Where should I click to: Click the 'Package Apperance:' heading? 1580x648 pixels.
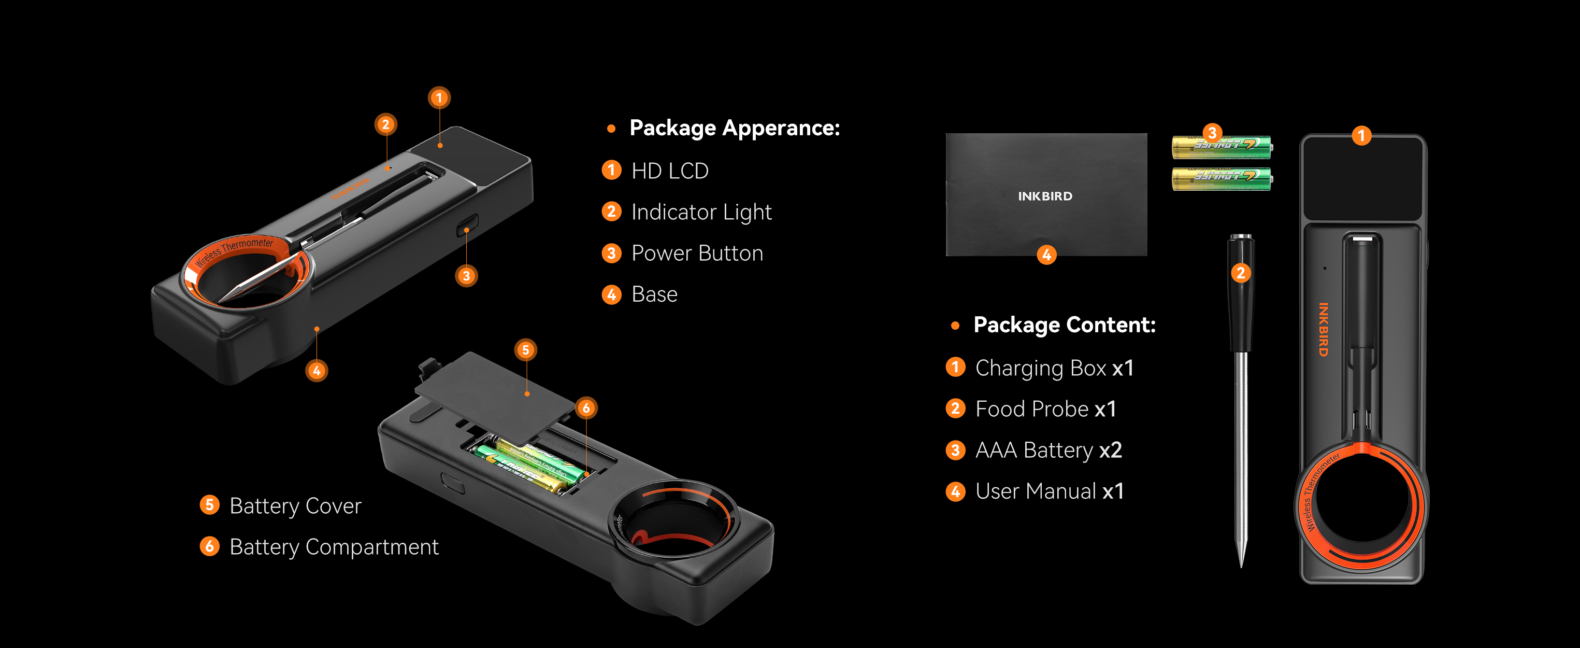click(734, 128)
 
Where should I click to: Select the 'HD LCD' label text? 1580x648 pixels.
click(670, 171)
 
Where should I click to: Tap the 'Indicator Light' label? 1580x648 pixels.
click(701, 213)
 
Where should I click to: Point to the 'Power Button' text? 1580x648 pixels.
click(697, 253)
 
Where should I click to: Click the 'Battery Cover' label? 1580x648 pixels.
click(295, 506)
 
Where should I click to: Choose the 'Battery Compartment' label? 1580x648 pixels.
click(334, 547)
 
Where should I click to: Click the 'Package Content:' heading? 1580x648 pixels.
click(1064, 325)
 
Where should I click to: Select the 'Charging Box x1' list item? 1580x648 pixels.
click(1054, 368)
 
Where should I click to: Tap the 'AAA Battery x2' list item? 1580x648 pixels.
click(1048, 450)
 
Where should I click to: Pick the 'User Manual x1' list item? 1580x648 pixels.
click(1050, 491)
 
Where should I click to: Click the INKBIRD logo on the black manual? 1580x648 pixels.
click(1045, 196)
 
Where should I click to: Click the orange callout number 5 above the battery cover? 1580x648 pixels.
click(526, 350)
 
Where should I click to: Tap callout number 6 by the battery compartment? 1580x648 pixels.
click(586, 408)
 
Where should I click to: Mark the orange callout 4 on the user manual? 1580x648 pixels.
click(1046, 255)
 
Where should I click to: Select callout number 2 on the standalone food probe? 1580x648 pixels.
click(1241, 273)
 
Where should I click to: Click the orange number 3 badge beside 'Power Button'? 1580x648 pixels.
click(611, 253)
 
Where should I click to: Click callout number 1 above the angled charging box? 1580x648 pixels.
click(439, 97)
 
